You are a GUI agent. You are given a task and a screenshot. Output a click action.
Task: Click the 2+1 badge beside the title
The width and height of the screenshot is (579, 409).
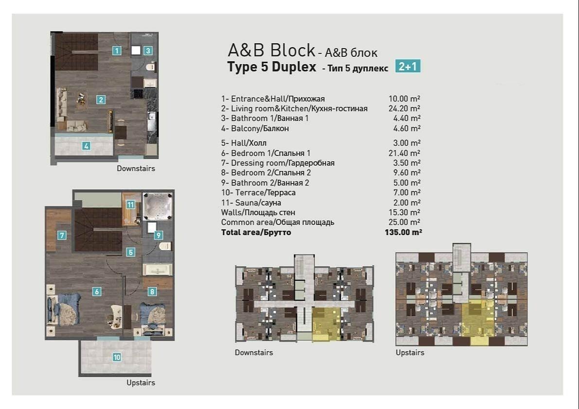[x=408, y=67]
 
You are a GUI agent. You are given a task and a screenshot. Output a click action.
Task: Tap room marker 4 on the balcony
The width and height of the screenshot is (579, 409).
[x=86, y=146]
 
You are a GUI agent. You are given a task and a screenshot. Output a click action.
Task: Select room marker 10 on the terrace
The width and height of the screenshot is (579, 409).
[x=117, y=357]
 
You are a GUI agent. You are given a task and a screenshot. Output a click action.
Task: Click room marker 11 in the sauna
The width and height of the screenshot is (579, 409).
[x=130, y=204]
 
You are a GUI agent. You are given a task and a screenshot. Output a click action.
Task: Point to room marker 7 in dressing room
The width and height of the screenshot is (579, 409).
[x=62, y=235]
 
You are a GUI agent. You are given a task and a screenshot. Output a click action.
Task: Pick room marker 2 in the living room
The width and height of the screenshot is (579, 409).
[x=101, y=99]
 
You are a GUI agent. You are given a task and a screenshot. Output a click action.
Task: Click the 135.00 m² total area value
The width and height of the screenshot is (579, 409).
[x=403, y=232]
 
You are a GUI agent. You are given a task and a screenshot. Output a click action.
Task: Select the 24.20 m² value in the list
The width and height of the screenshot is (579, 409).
[x=404, y=108]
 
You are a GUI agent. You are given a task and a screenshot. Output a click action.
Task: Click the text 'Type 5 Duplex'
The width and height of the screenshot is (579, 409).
[x=272, y=67]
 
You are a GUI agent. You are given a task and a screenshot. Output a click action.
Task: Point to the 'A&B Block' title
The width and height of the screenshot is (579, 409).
[x=271, y=50]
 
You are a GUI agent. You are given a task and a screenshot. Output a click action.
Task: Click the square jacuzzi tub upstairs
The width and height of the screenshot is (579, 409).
[x=158, y=206]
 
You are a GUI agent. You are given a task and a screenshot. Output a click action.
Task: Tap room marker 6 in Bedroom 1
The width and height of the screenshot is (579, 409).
[x=96, y=292]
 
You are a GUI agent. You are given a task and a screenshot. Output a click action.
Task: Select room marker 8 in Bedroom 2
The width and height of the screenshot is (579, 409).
[x=152, y=292]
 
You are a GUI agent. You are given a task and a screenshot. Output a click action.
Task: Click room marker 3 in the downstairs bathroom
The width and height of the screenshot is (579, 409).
[x=148, y=51]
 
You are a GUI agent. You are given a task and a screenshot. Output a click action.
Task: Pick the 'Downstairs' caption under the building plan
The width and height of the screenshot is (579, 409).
[x=254, y=353]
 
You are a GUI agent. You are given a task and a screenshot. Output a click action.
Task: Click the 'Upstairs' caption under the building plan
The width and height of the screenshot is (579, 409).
[x=410, y=353]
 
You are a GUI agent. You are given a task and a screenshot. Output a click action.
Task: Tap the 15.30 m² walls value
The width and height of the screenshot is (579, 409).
[x=404, y=212]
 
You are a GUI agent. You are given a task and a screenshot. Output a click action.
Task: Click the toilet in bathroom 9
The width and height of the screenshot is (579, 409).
[x=165, y=246]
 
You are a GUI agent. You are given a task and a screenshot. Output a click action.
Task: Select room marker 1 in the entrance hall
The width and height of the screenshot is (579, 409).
[x=117, y=51]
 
